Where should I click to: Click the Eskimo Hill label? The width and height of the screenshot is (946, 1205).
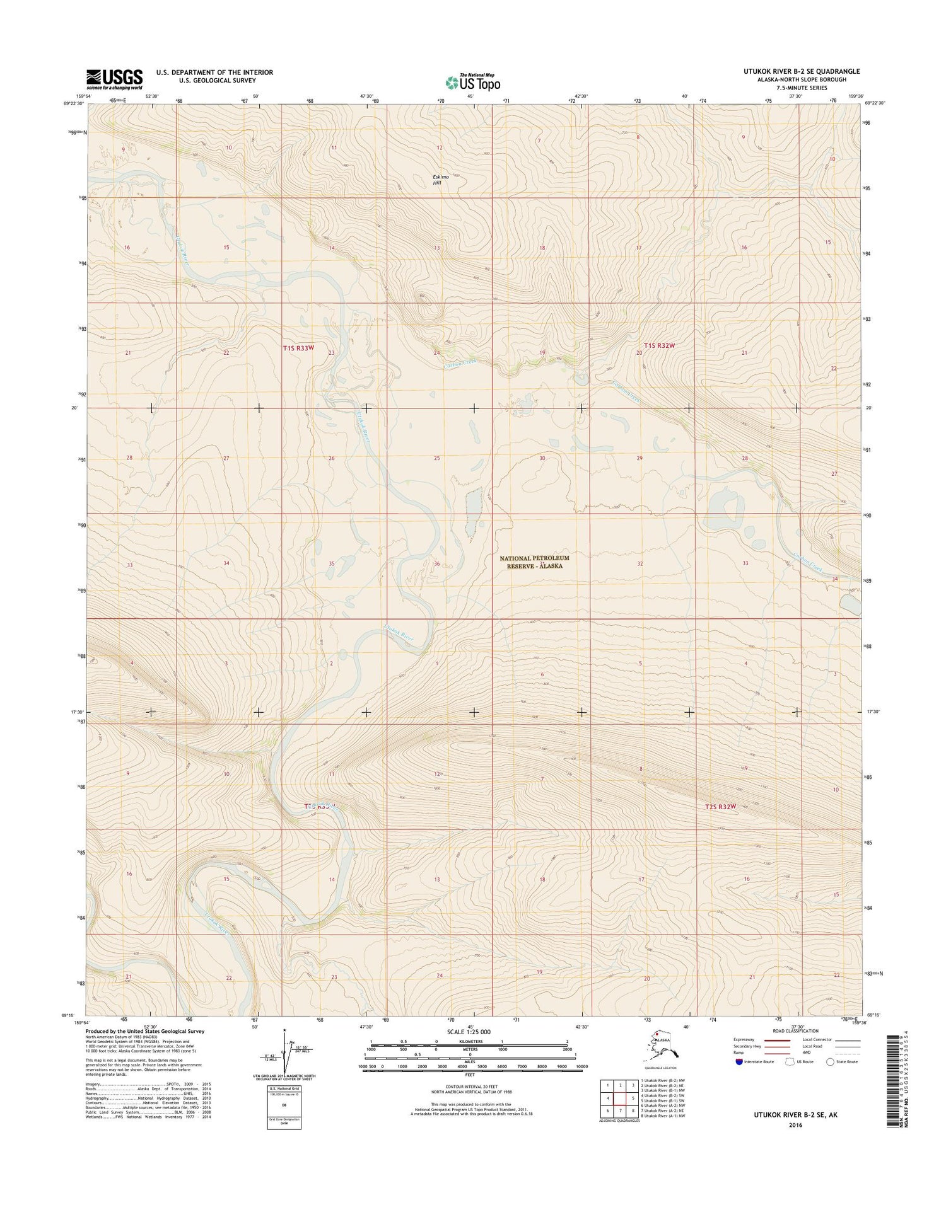(440, 180)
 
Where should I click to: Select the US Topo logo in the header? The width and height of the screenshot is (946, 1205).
(473, 82)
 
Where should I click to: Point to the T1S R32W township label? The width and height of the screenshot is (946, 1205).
(660, 345)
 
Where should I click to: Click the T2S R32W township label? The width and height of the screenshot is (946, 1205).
(720, 806)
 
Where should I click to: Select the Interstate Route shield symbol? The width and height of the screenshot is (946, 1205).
(739, 1061)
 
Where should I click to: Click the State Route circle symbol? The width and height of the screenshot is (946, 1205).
(830, 1061)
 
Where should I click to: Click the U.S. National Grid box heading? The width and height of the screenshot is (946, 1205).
(284, 1089)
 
